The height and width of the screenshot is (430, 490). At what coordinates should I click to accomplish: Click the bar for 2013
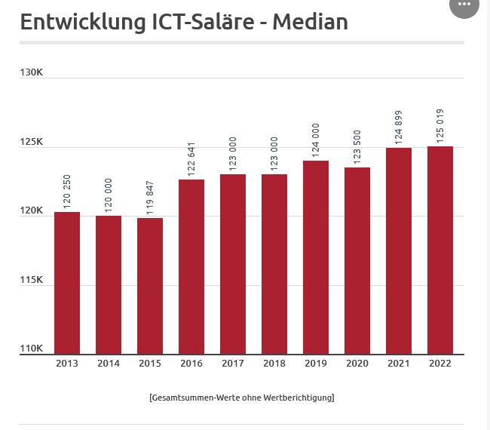pos(67,283)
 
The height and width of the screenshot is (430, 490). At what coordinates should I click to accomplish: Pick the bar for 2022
pos(440,250)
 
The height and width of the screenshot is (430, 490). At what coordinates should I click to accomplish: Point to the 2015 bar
pos(150,286)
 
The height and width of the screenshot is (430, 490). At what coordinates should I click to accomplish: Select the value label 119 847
pos(150,198)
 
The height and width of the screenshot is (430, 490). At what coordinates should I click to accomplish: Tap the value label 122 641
pos(191,159)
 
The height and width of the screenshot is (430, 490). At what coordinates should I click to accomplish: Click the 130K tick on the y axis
pos(32,72)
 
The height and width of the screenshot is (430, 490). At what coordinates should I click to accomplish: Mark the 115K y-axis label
pos(32,280)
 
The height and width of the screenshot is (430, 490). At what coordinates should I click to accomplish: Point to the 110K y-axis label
pos(32,349)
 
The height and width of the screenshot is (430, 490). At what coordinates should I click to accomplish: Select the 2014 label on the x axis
pos(109,364)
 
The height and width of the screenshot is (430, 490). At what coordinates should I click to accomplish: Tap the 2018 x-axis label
pos(274,364)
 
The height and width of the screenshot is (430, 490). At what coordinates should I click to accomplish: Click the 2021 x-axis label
pos(399,364)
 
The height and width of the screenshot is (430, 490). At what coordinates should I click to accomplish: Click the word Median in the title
pos(310,22)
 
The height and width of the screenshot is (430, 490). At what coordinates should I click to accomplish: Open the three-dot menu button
pos(464,5)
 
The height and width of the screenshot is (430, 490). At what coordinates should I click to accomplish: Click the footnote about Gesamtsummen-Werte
pos(242,397)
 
